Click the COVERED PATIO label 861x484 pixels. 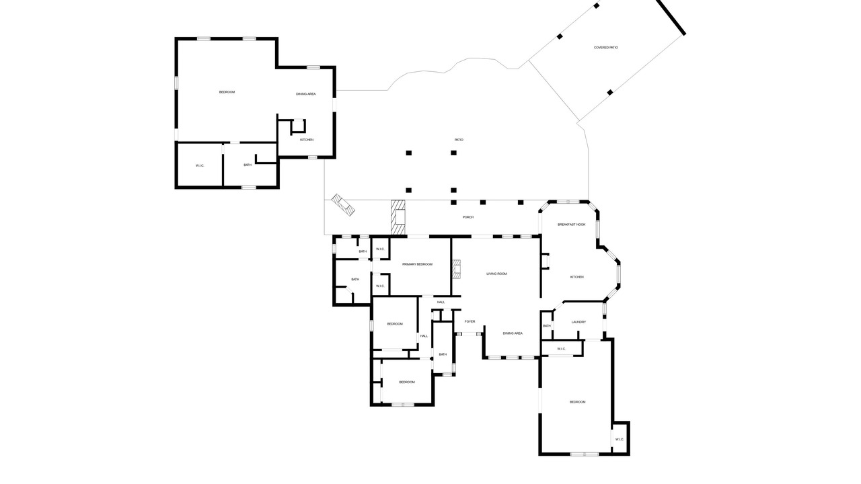click(606, 48)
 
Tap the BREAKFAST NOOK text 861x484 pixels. click(572, 225)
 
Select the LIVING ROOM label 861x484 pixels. click(496, 274)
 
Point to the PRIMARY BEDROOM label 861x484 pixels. click(417, 264)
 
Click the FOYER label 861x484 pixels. click(470, 321)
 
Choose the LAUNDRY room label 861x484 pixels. click(578, 322)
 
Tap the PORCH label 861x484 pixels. click(467, 217)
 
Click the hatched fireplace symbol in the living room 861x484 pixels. click(456, 270)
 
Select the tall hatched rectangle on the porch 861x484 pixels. click(398, 217)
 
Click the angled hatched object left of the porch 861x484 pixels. click(343, 205)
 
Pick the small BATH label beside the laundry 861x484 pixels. click(547, 326)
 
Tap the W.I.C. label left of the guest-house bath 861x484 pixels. click(200, 165)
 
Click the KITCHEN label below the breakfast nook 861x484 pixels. click(576, 277)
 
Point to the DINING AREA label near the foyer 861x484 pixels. click(513, 333)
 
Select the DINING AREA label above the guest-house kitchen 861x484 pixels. click(305, 94)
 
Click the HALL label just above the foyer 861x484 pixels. click(441, 302)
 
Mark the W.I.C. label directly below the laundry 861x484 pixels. click(562, 349)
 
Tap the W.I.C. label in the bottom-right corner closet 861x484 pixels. click(620, 440)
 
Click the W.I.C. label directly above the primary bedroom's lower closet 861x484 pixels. click(380, 249)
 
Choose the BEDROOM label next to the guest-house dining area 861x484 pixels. click(227, 92)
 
